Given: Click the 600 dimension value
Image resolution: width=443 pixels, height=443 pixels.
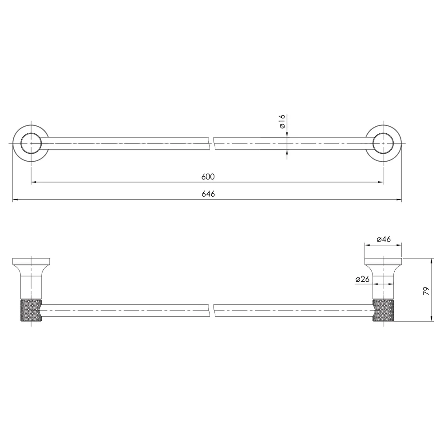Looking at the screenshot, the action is (x=208, y=177).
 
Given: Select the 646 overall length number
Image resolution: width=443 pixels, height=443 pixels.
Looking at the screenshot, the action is (x=208, y=194).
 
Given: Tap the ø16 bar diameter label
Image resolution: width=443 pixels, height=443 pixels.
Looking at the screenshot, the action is (x=282, y=121).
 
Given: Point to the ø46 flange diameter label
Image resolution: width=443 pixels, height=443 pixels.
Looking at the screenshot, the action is (x=384, y=239).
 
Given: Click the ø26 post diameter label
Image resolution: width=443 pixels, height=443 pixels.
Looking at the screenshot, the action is (x=362, y=279).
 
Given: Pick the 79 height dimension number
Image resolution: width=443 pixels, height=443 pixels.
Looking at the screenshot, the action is (x=426, y=291).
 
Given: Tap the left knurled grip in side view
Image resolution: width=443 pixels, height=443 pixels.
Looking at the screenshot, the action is (x=31, y=311).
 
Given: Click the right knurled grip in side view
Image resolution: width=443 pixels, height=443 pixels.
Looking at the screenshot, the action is (x=383, y=311).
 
